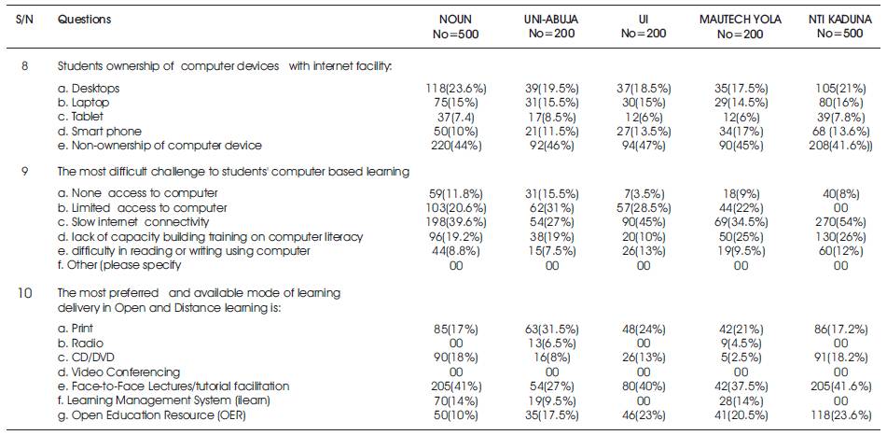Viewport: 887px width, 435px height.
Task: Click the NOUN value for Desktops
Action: point(455,89)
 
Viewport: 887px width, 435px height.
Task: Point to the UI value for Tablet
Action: point(644,117)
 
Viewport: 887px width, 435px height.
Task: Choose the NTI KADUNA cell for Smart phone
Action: point(840,131)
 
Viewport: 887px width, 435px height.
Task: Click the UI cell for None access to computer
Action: point(644,193)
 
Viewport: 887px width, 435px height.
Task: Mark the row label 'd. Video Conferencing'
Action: point(118,372)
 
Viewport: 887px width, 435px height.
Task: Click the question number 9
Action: point(24,172)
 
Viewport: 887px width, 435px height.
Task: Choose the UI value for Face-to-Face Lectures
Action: point(644,386)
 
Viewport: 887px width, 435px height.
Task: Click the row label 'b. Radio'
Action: point(80,344)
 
